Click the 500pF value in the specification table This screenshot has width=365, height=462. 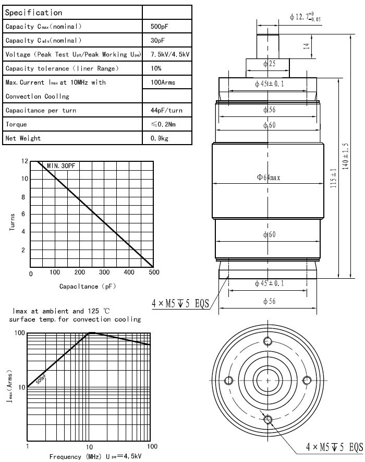[159, 27]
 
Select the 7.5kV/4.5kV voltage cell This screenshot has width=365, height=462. [169, 55]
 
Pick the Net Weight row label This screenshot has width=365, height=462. [23, 139]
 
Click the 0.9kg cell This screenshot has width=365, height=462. [159, 139]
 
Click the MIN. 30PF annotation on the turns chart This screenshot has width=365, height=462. [61, 165]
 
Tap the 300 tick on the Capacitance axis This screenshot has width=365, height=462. [104, 273]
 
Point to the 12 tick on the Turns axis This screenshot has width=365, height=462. [24, 161]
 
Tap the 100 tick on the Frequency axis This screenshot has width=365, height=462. [152, 447]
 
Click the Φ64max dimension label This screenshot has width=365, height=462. [269, 177]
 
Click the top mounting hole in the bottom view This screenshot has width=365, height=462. [269, 341]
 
